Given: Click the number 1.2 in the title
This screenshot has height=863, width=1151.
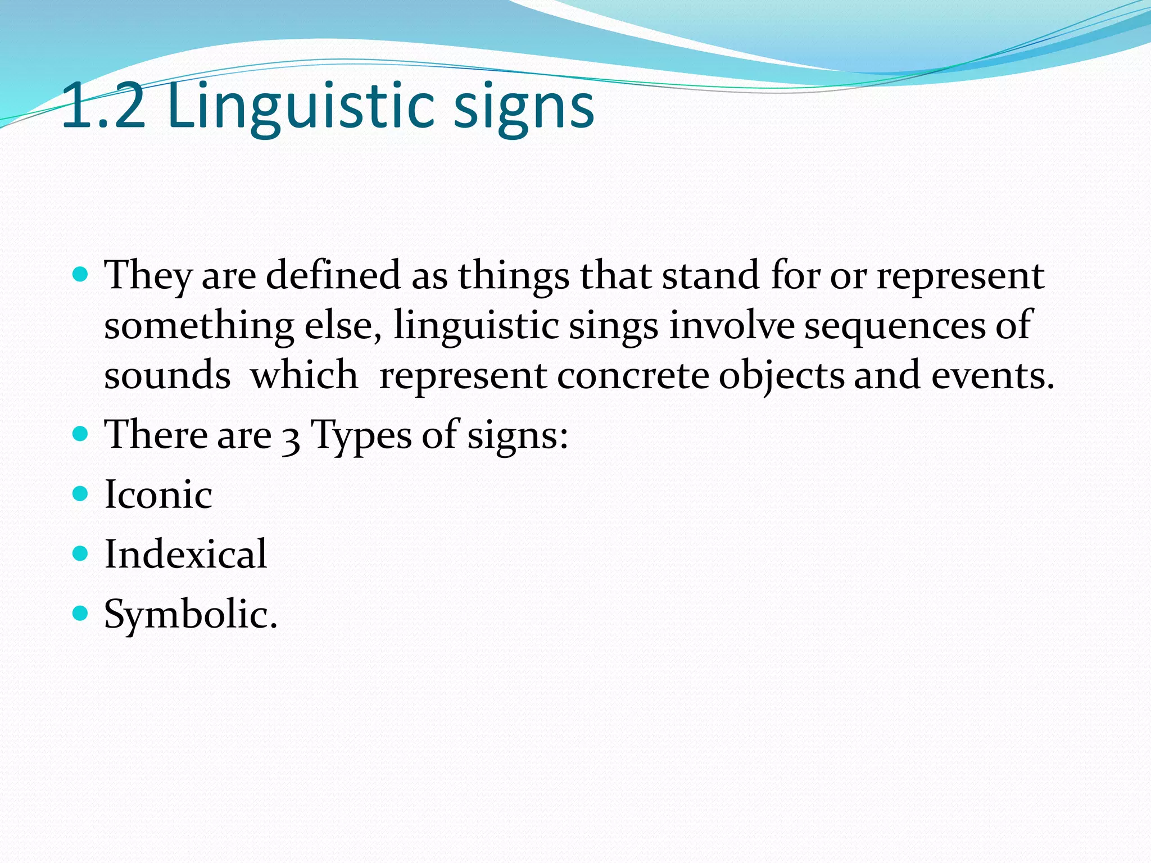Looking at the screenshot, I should point(103,105).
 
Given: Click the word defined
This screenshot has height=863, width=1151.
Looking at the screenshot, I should point(333,275).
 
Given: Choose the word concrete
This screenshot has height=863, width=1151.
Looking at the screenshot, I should point(633,376).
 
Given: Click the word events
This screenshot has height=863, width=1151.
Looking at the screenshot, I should point(992,376).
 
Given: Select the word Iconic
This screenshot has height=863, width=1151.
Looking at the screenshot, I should point(158,494).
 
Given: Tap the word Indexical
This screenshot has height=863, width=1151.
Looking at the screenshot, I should point(185,554).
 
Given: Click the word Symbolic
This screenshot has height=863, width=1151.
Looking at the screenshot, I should point(190,614).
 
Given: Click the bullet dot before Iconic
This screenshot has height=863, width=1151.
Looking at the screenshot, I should point(81,493).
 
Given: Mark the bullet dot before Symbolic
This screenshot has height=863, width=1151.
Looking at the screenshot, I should point(81,612).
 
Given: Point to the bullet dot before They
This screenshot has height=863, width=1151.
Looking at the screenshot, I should point(81,275).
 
